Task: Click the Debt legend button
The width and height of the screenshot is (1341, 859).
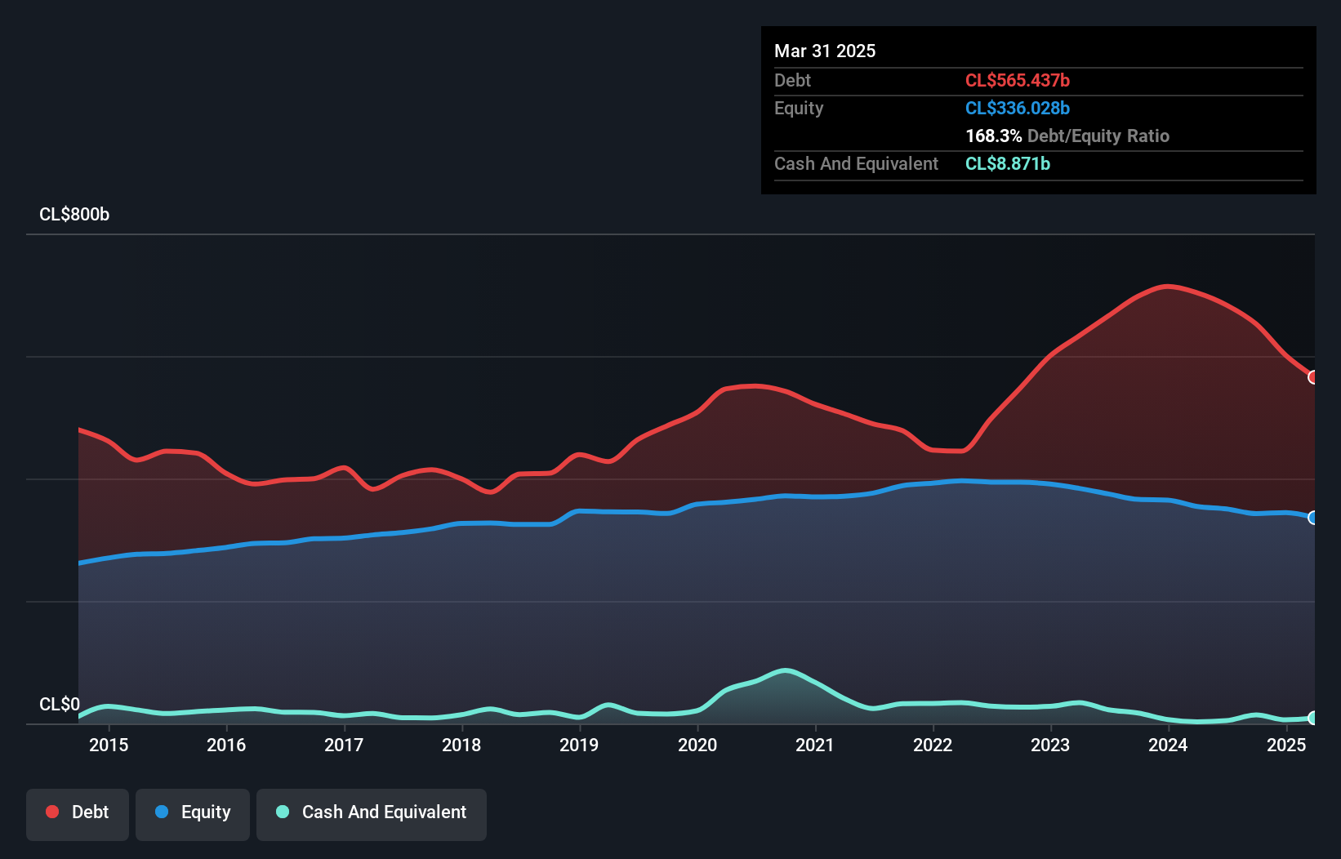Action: point(78,812)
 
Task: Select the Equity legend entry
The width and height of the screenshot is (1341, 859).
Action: point(193,812)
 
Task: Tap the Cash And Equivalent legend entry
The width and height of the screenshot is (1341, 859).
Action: point(372,812)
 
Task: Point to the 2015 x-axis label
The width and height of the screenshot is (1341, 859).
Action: point(109,745)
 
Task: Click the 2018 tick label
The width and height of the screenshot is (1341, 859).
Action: point(461,745)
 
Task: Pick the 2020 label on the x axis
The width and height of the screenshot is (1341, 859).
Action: point(697,745)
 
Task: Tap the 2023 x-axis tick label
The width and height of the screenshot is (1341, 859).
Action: point(1050,745)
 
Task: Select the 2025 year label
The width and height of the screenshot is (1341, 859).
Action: point(1286,745)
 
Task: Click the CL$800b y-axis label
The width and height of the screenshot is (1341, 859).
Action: point(74,215)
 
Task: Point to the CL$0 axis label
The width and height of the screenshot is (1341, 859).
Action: point(60,704)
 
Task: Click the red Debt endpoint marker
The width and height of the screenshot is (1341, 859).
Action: point(1312,377)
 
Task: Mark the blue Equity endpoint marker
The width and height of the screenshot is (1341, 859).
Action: point(1312,518)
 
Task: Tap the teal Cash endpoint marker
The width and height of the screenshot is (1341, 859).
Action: point(1312,718)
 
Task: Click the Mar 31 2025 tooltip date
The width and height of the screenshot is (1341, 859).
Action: point(825,51)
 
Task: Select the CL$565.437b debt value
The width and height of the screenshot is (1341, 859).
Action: point(1017,81)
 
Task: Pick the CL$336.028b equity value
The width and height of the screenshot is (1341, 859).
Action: point(1017,109)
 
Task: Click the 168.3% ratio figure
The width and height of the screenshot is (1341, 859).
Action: point(993,136)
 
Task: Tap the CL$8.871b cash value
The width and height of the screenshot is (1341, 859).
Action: point(1007,164)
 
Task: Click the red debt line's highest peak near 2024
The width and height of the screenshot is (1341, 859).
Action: point(1168,287)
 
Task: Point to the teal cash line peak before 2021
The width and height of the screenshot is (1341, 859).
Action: point(785,671)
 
